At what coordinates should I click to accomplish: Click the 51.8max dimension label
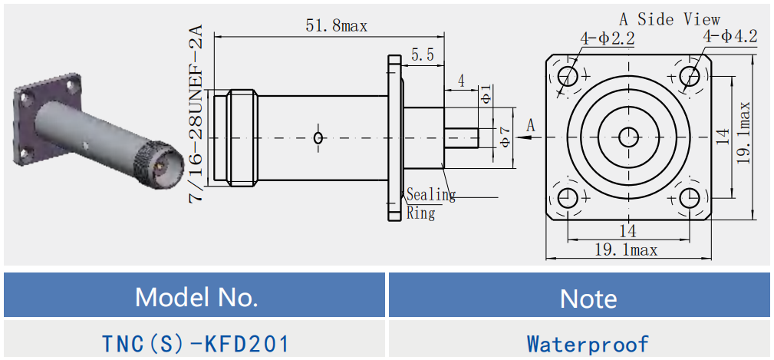click(x=336, y=25)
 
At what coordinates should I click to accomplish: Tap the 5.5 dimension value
click(x=422, y=54)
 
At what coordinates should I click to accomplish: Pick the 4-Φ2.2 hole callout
click(x=607, y=38)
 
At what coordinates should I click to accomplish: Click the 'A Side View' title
click(x=670, y=18)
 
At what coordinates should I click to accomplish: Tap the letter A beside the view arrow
click(x=530, y=125)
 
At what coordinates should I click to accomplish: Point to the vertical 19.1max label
click(x=743, y=132)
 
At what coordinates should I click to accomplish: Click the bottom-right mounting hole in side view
click(x=689, y=198)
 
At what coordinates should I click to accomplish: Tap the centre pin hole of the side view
click(x=628, y=137)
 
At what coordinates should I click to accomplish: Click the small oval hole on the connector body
click(x=319, y=137)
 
